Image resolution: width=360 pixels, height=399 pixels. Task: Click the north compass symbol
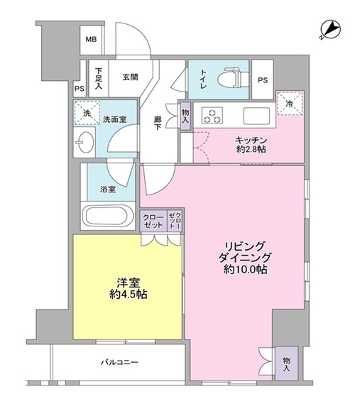[330, 30]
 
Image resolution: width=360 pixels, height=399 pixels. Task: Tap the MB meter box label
[91, 40]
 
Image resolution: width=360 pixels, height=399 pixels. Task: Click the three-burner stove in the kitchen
[212, 116]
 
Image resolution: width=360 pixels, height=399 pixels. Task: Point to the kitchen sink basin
[256, 116]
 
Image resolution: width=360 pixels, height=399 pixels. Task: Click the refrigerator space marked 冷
[290, 104]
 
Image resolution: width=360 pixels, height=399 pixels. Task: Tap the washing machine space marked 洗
[87, 113]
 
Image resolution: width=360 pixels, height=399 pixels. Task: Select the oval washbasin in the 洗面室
[84, 142]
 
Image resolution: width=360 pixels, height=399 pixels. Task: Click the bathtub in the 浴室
[108, 216]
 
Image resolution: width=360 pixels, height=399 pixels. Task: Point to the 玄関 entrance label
[130, 77]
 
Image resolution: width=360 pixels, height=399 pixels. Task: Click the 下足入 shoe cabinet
[99, 78]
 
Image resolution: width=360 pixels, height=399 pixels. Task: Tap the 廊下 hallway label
[157, 123]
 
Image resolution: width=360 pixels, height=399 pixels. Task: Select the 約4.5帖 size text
[129, 295]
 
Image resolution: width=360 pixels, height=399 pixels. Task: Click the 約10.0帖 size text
[245, 269]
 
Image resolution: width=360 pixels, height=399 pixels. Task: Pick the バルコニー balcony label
[119, 361]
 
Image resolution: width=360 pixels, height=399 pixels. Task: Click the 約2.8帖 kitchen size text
[251, 149]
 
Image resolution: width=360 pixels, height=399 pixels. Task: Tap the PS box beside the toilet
[263, 80]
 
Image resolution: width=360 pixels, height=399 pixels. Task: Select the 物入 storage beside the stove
[185, 116]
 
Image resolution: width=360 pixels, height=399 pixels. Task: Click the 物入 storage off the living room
[286, 364]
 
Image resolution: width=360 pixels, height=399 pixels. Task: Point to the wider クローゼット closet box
[153, 221]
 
